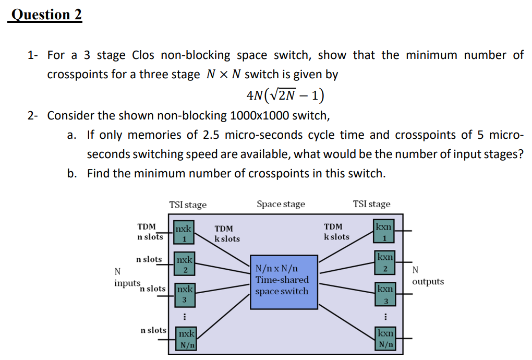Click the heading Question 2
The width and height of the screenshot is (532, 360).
click(x=46, y=15)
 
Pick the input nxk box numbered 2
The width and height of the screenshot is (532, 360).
click(x=184, y=264)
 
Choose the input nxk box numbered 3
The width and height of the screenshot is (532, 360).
click(x=184, y=294)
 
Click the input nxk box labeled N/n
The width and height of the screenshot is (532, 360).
click(x=186, y=339)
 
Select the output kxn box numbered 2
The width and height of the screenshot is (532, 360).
click(x=385, y=262)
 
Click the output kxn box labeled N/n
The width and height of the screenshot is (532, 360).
click(x=385, y=339)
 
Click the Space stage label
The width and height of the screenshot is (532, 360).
click(x=281, y=204)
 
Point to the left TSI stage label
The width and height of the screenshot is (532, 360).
click(x=188, y=205)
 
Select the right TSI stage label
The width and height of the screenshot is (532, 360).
click(x=371, y=204)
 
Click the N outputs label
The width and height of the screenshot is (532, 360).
click(x=427, y=277)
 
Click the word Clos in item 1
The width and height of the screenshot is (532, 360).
click(x=143, y=55)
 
